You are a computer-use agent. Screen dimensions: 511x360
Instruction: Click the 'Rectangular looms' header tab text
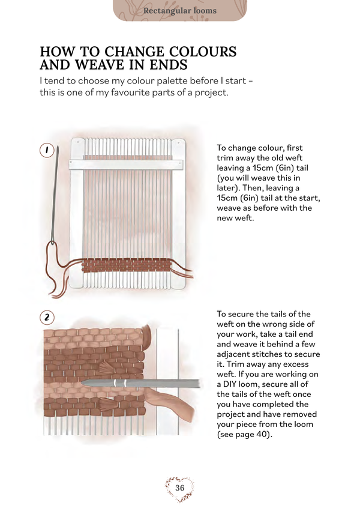click(x=180, y=11)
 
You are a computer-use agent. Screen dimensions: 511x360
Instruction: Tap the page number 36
click(x=180, y=488)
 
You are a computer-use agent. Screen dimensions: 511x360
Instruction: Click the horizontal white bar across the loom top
click(x=127, y=163)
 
